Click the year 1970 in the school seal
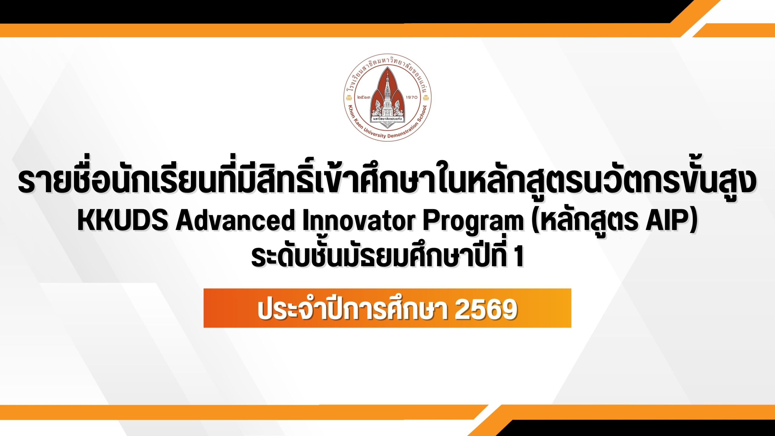click(x=411, y=97)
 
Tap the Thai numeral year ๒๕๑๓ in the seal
click(x=364, y=97)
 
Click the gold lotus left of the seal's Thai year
click(x=349, y=97)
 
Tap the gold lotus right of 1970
click(x=426, y=97)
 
